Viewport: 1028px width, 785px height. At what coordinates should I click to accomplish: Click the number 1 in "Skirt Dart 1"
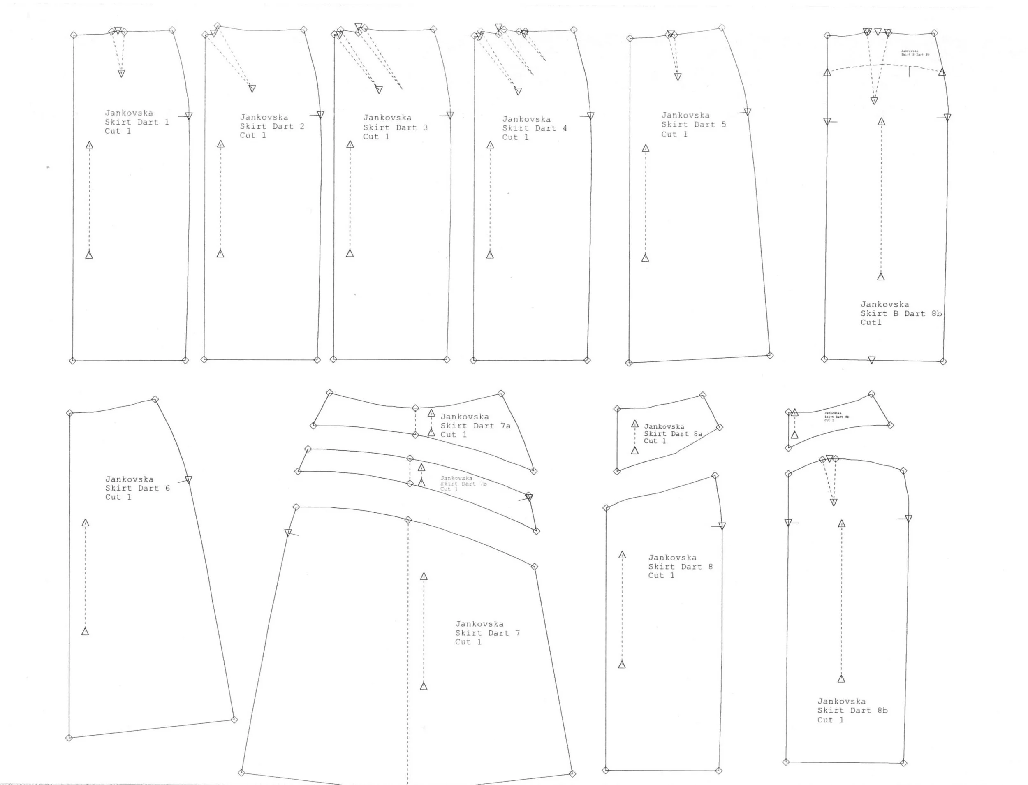pyautogui.click(x=167, y=123)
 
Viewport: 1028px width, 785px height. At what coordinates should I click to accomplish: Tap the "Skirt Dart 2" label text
pyautogui.click(x=272, y=126)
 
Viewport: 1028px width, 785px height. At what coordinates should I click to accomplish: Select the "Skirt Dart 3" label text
pyautogui.click(x=395, y=127)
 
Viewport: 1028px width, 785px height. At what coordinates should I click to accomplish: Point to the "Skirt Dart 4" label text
pyautogui.click(x=534, y=128)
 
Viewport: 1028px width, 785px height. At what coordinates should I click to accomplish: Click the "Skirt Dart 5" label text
pyautogui.click(x=693, y=124)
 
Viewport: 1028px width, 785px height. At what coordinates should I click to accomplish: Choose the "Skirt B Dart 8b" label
pyautogui.click(x=901, y=313)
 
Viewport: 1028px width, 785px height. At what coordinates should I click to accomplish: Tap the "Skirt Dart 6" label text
pyautogui.click(x=137, y=488)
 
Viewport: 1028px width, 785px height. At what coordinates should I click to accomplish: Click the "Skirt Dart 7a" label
pyautogui.click(x=475, y=426)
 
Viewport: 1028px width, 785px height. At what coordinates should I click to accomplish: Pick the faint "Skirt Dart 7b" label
pyautogui.click(x=463, y=484)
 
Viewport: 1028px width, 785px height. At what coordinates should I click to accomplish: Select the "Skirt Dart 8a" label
pyautogui.click(x=673, y=433)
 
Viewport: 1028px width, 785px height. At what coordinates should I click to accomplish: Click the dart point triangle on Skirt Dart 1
pyautogui.click(x=121, y=73)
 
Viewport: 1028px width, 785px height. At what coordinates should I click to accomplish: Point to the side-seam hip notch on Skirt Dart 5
pyautogui.click(x=747, y=112)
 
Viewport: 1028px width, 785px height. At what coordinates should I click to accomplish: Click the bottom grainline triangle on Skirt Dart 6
pyautogui.click(x=85, y=632)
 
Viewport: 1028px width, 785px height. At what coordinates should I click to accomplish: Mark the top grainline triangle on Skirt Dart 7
pyautogui.click(x=424, y=577)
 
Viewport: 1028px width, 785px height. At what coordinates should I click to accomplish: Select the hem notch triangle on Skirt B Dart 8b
pyautogui.click(x=871, y=360)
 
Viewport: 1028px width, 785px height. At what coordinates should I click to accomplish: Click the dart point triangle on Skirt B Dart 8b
pyautogui.click(x=874, y=100)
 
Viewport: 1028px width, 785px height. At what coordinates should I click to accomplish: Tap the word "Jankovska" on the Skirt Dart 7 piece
pyautogui.click(x=479, y=624)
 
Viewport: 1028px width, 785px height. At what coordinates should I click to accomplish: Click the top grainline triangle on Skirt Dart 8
pyautogui.click(x=622, y=555)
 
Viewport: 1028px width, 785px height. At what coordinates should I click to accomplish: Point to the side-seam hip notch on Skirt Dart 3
pyautogui.click(x=449, y=115)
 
